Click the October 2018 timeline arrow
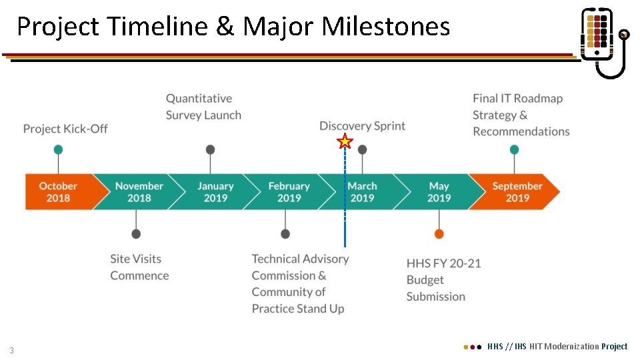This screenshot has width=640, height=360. (x=59, y=192)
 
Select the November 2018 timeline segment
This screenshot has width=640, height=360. (x=139, y=192)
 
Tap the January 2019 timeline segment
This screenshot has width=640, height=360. (x=215, y=192)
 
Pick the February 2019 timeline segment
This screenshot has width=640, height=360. (x=289, y=192)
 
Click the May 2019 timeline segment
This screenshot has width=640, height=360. (x=439, y=192)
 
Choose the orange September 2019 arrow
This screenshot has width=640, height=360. (x=517, y=192)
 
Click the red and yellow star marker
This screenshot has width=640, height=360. (x=345, y=141)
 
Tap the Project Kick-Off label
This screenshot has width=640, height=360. (x=65, y=129)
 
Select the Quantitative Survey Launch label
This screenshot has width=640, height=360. (x=203, y=107)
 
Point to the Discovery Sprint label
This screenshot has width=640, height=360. (x=362, y=126)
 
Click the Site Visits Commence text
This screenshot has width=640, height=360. (x=139, y=267)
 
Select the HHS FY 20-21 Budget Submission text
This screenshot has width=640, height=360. (x=443, y=280)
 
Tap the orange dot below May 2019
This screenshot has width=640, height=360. (x=439, y=233)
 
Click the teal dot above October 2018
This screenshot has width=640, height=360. (x=59, y=149)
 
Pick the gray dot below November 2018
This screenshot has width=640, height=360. (x=136, y=233)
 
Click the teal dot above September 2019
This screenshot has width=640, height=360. (x=514, y=149)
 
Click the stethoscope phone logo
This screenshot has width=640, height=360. (x=603, y=42)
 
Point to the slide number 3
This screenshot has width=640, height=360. (x=11, y=351)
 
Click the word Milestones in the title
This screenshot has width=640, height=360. (x=385, y=27)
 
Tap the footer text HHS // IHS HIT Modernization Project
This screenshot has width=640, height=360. (x=557, y=347)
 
